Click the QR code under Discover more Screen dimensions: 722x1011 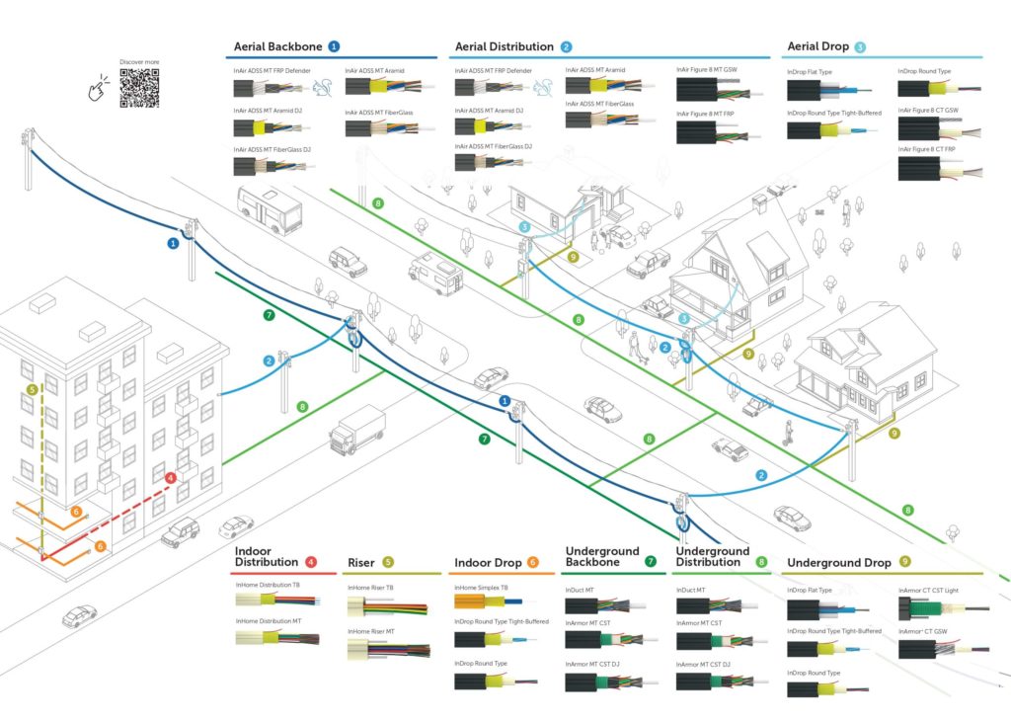coord(138,88)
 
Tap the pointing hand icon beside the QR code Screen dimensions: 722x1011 coord(101,91)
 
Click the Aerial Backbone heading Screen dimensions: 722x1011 coord(279,46)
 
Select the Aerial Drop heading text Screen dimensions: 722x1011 coord(817,46)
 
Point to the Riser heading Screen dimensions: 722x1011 coord(360,563)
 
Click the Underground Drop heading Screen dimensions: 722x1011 coord(838,563)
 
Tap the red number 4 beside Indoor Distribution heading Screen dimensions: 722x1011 coord(312,562)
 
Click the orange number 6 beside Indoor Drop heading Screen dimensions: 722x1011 coord(533,563)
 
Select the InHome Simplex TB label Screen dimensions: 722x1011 coord(482,587)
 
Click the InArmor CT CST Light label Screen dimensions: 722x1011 coord(928,591)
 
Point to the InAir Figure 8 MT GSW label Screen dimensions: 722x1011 coord(707,71)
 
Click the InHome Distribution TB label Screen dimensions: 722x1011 coord(268,586)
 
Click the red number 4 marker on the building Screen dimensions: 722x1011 coord(172,478)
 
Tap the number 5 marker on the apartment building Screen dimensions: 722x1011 coord(33,390)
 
